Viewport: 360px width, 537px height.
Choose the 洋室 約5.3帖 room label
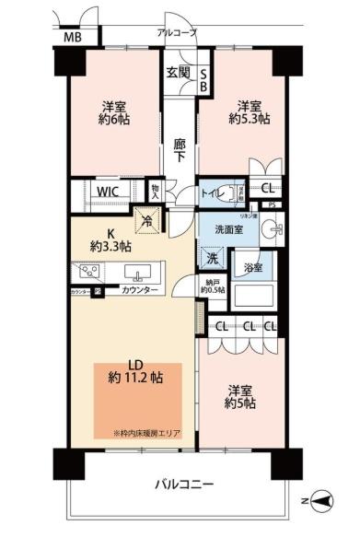(x=249, y=111)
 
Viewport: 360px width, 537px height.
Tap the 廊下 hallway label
(x=180, y=151)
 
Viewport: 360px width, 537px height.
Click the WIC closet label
(x=110, y=192)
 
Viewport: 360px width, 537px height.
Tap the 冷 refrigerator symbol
(x=146, y=221)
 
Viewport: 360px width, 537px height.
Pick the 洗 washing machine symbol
(x=212, y=260)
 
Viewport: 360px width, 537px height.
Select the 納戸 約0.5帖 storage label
(x=213, y=286)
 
